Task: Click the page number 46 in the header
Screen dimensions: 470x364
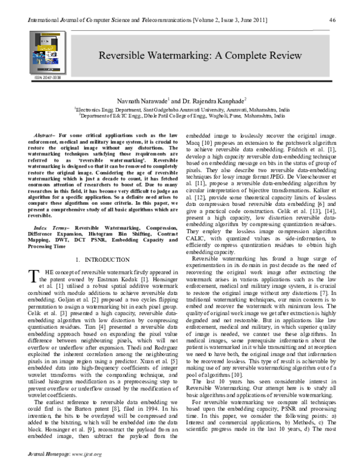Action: (x=332, y=20)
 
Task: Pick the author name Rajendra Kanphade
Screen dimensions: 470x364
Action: (x=219, y=99)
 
